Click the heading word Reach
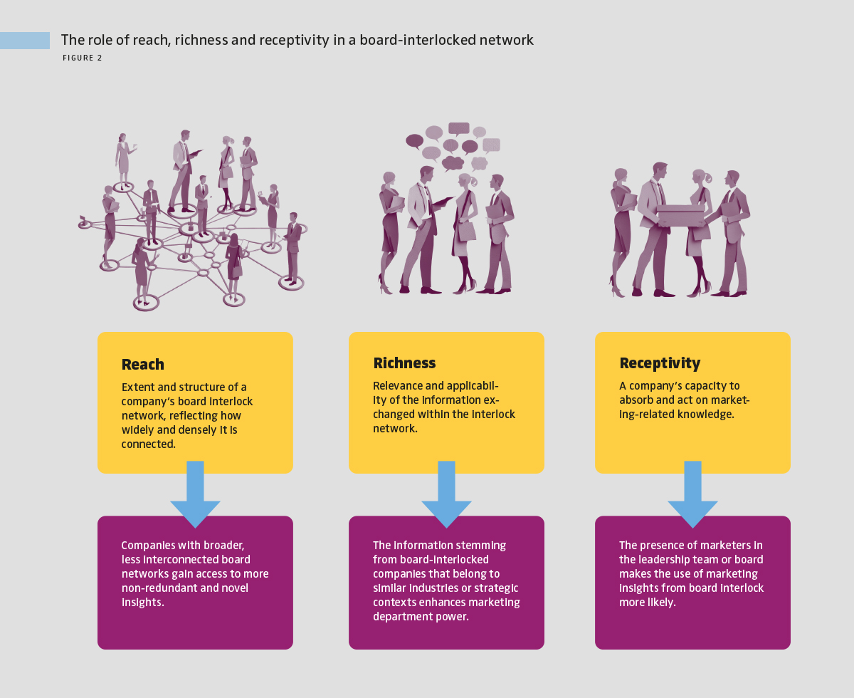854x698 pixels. pos(143,365)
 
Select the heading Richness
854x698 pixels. pos(404,363)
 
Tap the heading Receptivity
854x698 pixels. pos(660,363)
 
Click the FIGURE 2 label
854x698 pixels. pos(83,58)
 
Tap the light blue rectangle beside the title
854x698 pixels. pos(25,41)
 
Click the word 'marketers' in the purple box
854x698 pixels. pos(712,546)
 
